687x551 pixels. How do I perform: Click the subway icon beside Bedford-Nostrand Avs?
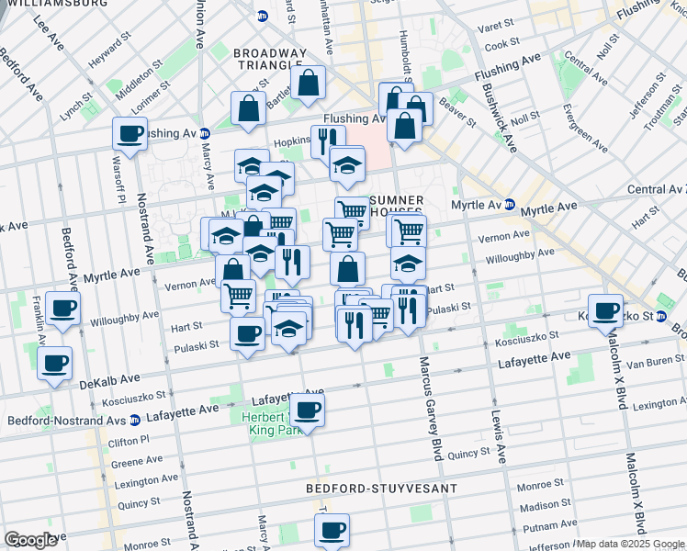[135, 421]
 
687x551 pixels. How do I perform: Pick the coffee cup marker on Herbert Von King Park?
[308, 409]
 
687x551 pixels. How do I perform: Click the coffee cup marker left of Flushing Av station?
[130, 134]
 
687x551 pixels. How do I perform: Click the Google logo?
[30, 540]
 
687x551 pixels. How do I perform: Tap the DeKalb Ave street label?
[109, 380]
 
